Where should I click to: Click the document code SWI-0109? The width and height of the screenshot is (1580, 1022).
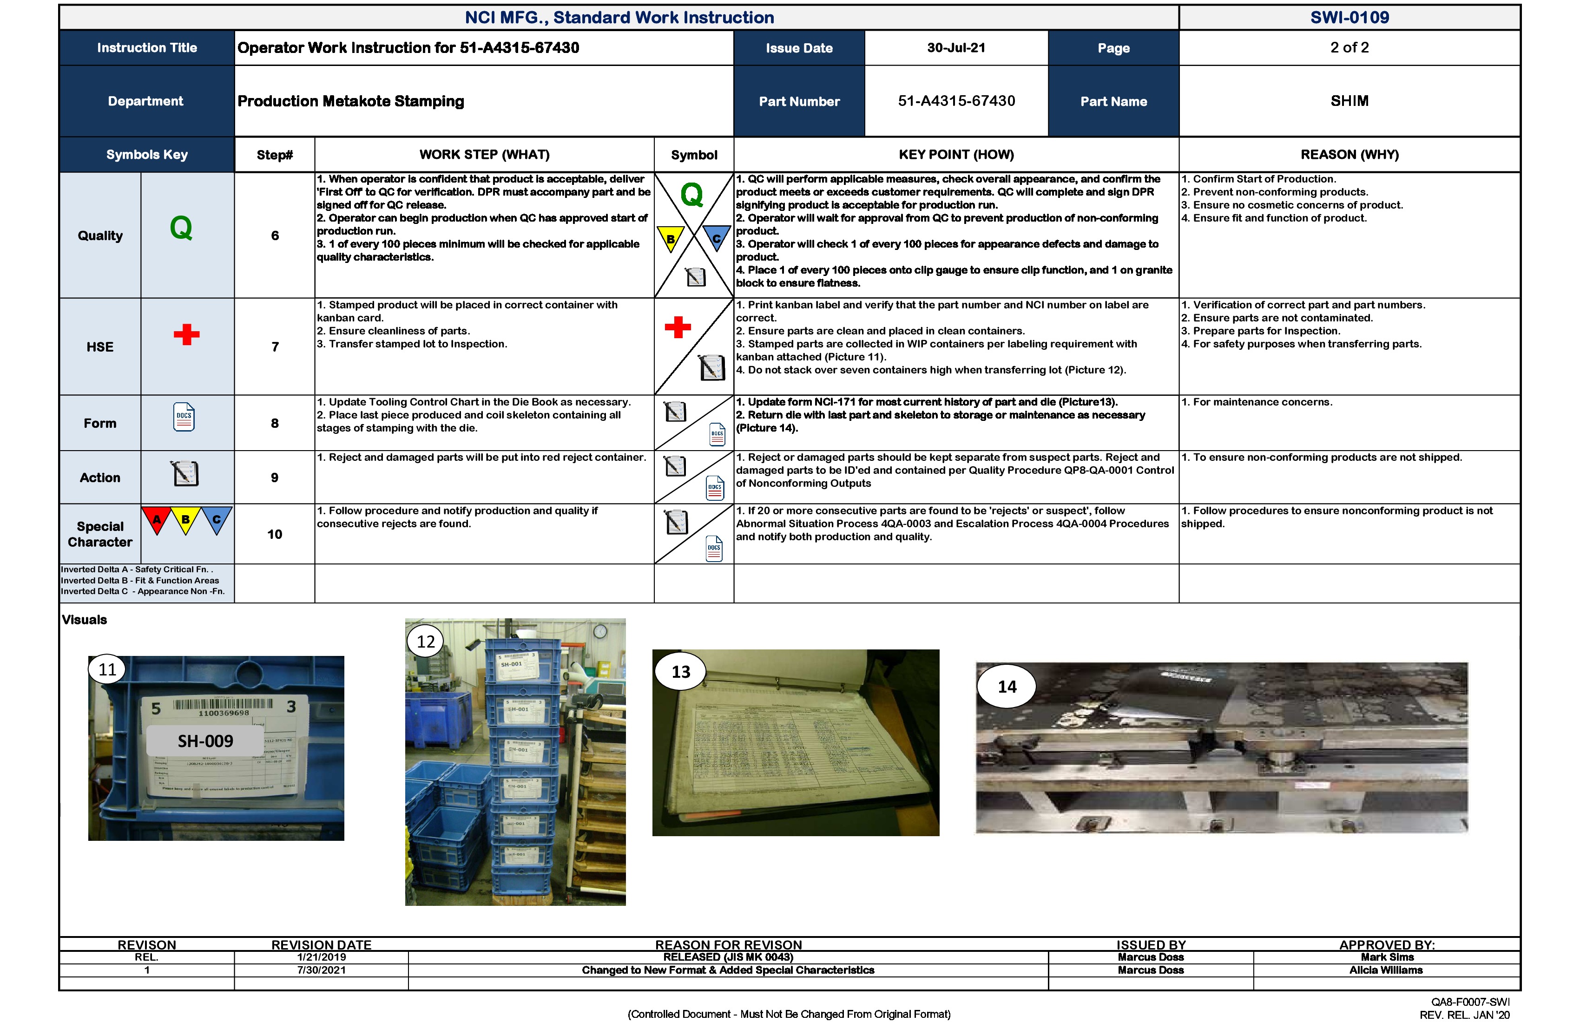coord(1349,17)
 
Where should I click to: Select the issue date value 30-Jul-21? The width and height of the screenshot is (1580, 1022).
coord(956,48)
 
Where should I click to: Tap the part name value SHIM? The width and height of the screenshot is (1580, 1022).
coord(1349,101)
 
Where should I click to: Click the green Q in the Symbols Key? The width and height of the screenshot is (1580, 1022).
coord(181,228)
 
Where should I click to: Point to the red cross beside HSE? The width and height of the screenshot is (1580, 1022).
coord(186,334)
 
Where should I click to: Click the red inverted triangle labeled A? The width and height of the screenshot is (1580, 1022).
coord(157,519)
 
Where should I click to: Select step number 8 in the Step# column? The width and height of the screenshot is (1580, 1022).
coord(274,423)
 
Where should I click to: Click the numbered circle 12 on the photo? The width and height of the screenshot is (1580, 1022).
coord(426,641)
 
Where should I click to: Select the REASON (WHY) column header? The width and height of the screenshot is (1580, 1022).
coord(1349,155)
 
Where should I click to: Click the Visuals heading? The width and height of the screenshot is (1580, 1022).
coord(84,620)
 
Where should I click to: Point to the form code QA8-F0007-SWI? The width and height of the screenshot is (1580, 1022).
coord(1470,1002)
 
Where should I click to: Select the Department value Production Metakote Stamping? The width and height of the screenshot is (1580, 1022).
coord(350,101)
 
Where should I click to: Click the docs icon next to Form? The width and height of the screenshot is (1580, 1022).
coord(184,418)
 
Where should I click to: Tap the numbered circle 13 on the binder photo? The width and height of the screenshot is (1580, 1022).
coord(680,672)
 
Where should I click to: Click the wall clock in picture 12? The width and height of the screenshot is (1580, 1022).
coord(599,631)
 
